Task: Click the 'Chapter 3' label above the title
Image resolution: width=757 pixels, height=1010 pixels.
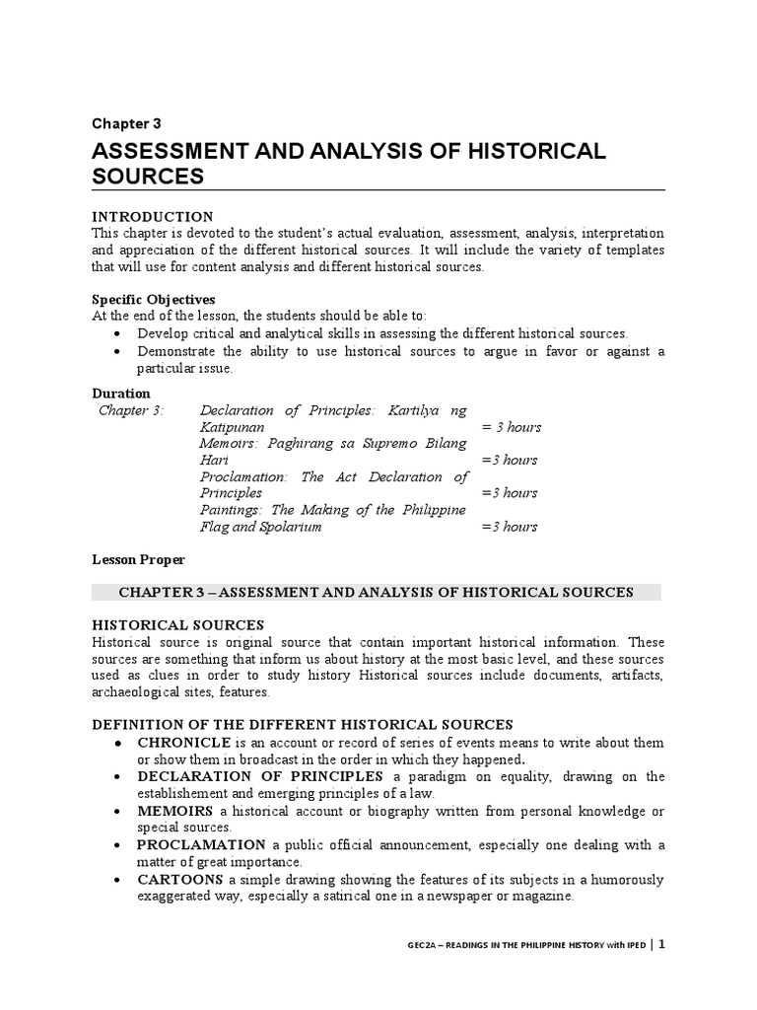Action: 126,123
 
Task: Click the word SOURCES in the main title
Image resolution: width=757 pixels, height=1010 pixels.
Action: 148,177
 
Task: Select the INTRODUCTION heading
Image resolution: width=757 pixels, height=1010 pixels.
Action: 152,216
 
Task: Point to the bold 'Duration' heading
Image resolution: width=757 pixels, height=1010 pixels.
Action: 121,393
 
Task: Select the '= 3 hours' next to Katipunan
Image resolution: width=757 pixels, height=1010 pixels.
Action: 511,427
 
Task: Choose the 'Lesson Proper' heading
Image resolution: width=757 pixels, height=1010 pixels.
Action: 138,559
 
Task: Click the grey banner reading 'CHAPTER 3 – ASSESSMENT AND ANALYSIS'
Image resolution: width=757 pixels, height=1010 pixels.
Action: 377,592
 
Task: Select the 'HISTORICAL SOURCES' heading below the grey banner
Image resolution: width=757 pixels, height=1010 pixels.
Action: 177,624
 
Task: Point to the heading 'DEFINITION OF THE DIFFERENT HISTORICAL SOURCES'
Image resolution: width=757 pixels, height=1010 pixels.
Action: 303,724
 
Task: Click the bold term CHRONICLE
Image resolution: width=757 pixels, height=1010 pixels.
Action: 180,742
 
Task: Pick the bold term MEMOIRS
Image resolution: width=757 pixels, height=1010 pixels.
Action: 175,811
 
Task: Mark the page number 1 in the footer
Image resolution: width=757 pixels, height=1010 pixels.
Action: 662,944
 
